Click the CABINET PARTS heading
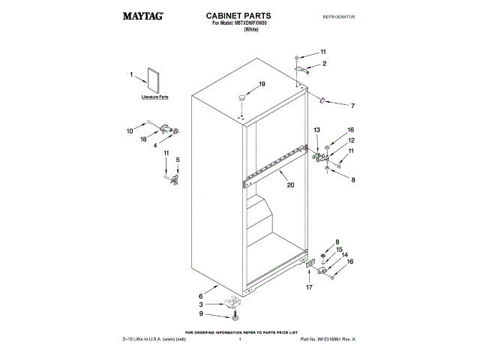238,15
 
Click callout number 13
316,130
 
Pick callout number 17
308,288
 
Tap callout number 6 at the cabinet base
201,295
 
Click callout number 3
201,304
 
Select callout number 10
129,130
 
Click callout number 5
178,160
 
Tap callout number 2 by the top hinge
324,64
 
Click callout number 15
339,250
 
